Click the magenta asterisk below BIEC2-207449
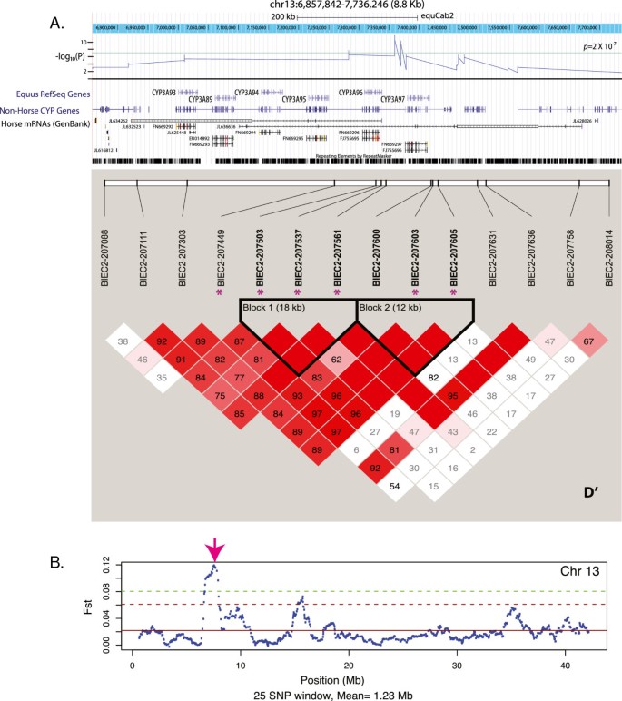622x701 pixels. [220, 292]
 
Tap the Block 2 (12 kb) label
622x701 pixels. [388, 308]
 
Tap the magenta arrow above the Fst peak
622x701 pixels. [215, 549]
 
